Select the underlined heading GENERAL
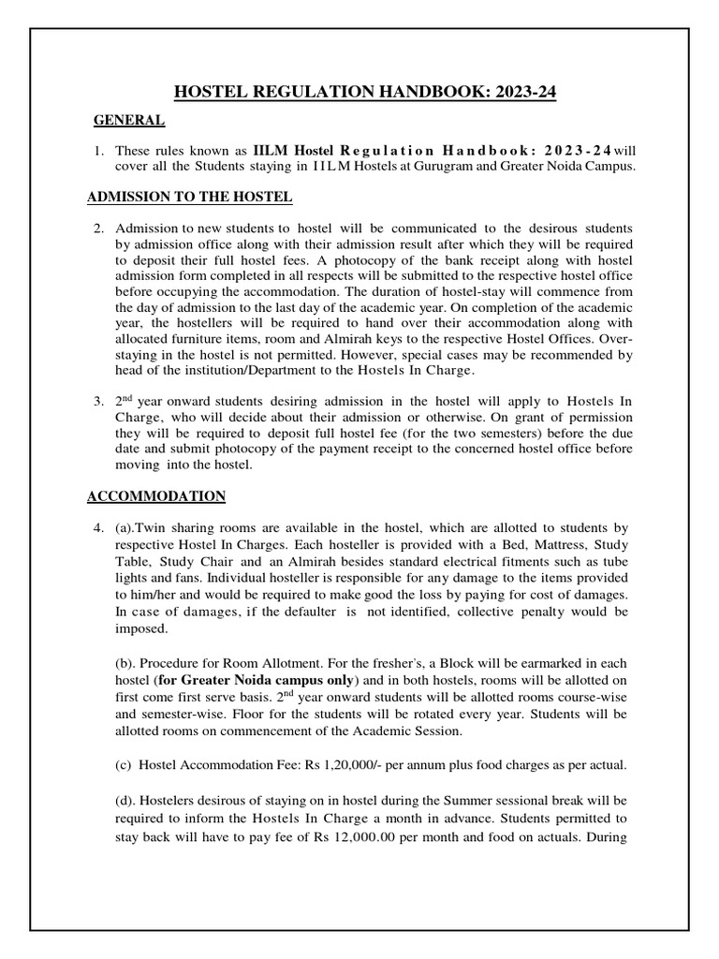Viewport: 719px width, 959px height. click(129, 120)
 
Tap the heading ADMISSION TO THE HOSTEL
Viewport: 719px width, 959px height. click(190, 197)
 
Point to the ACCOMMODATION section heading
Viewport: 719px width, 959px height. click(156, 495)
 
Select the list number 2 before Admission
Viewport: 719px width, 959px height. click(96, 229)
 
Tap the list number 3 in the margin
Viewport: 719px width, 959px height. click(96, 401)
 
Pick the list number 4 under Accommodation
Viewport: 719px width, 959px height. click(96, 528)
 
